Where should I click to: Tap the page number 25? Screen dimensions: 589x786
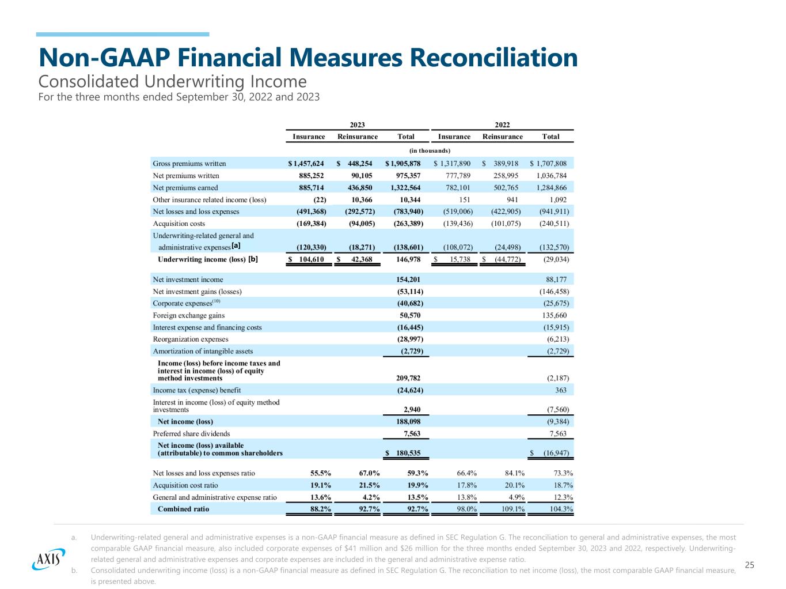pos(749,565)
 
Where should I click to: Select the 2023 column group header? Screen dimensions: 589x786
pos(358,124)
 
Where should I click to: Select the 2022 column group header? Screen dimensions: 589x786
pos(503,124)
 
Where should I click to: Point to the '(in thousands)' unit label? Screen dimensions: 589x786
pos(430,150)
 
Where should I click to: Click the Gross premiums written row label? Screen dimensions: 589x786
pos(189,164)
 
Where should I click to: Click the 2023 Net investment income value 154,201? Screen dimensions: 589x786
pos(409,280)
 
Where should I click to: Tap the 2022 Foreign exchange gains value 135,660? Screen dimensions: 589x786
pos(555,315)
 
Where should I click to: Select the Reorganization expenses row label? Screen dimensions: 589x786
pos(191,339)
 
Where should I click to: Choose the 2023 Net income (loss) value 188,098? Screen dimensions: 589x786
pos(409,421)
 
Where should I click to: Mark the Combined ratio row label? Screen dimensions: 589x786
pos(183,509)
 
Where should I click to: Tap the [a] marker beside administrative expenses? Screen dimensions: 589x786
pos(236,246)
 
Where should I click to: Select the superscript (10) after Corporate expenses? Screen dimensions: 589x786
pos(216,301)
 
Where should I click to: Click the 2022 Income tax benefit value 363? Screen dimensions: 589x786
pos(560,390)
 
